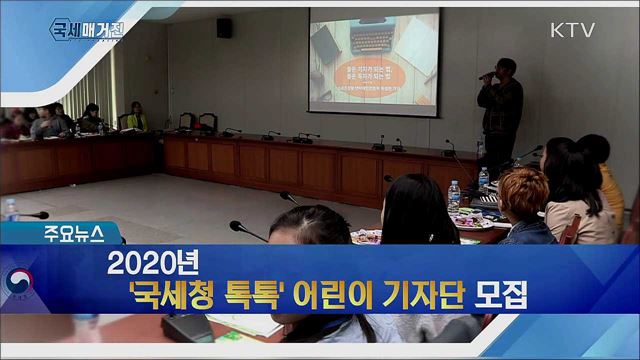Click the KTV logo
(x=572, y=30)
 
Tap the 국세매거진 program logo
(x=89, y=29)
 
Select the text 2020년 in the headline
(x=155, y=263)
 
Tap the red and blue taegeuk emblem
(x=19, y=281)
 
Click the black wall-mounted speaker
(x=224, y=28)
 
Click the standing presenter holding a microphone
(x=499, y=115)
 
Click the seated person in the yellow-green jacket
(x=136, y=117)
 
